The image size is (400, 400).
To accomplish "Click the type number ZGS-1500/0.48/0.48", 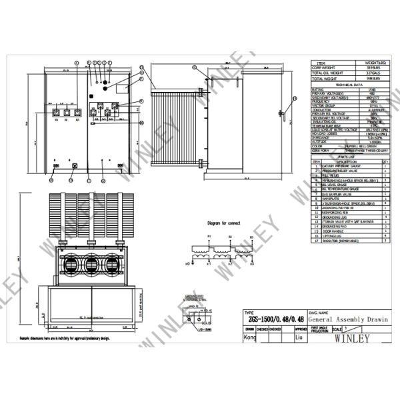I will tap(271, 319).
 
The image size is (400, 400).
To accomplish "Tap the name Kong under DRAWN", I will tap(250, 338).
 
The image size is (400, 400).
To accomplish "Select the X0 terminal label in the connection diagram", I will tap(189, 264).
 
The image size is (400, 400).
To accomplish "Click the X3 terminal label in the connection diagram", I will tap(251, 264).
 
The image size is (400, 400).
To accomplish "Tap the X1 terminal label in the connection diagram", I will tap(209, 264).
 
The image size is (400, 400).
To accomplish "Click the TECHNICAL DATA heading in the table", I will tap(349, 85).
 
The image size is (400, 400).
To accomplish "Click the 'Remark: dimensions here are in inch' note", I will tap(77, 339).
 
